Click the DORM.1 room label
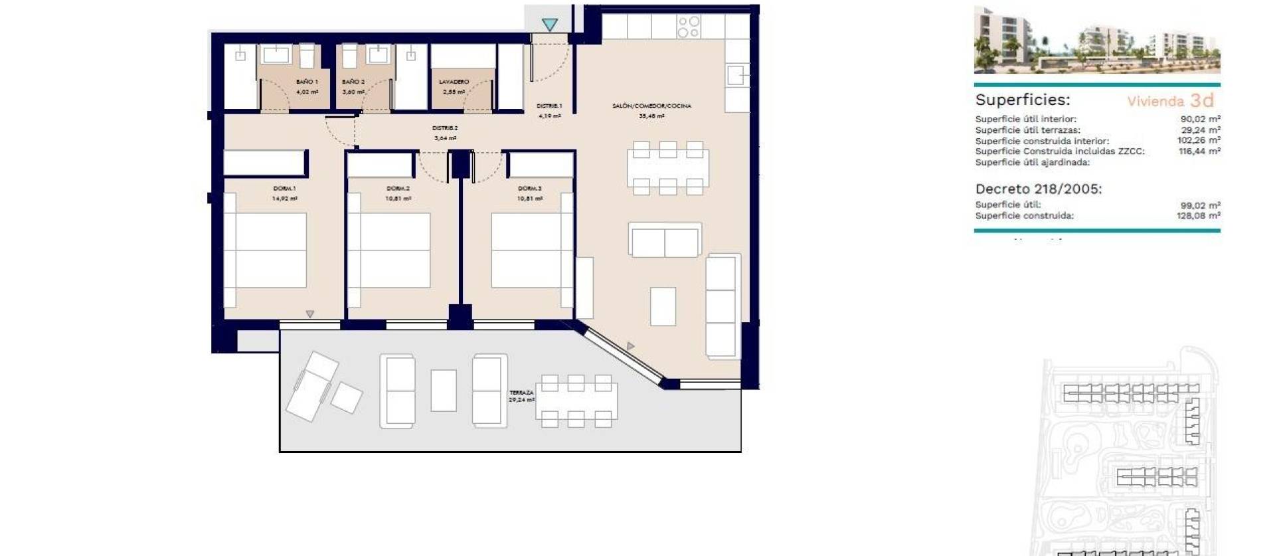[x=284, y=189]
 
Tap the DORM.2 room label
[x=398, y=189]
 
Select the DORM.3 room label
[x=529, y=189]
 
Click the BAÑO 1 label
[x=307, y=82]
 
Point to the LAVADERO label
[x=454, y=82]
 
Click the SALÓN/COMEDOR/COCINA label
[x=651, y=106]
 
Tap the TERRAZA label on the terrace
[x=521, y=393]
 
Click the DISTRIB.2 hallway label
[x=445, y=128]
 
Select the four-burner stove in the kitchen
[x=689, y=27]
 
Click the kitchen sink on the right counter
[x=737, y=75]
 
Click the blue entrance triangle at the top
[x=549, y=25]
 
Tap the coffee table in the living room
[x=663, y=306]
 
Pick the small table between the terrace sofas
[x=444, y=391]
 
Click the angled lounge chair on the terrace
[x=312, y=386]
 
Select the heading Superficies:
[x=1022, y=100]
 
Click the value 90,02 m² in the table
[x=1200, y=120]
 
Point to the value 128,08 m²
[x=1198, y=216]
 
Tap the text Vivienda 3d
[x=1170, y=101]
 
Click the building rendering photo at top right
[x=1096, y=40]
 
